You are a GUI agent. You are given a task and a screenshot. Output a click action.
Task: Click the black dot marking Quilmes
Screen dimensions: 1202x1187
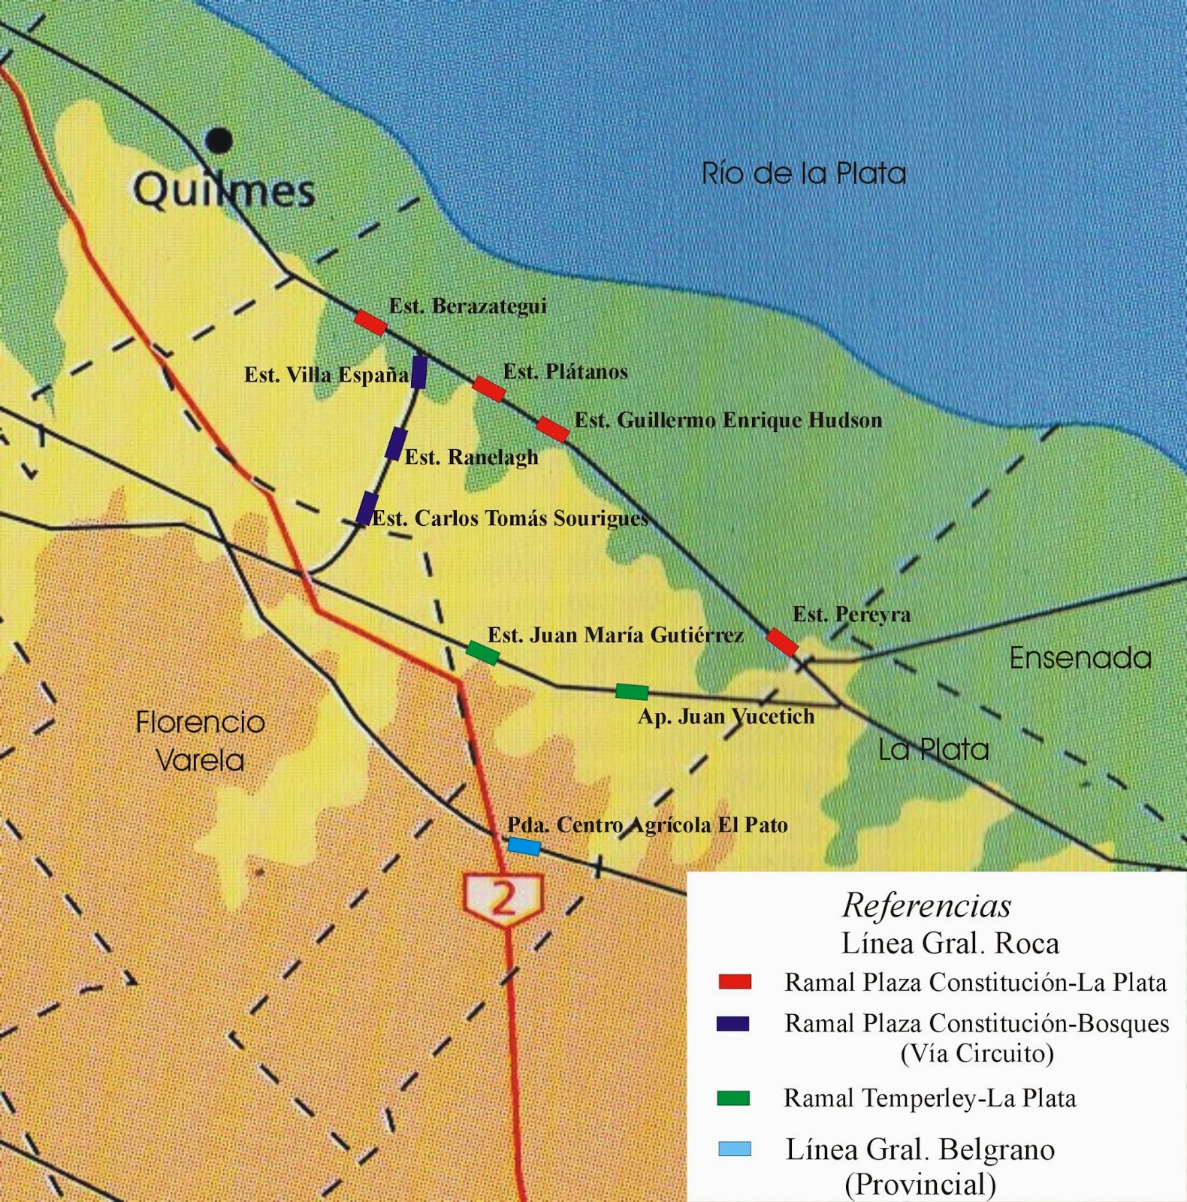pyautogui.click(x=219, y=140)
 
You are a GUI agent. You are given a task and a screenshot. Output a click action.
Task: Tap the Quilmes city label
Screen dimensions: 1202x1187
pyautogui.click(x=224, y=190)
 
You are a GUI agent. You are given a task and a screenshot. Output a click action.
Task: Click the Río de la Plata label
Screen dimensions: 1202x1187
pyautogui.click(x=803, y=174)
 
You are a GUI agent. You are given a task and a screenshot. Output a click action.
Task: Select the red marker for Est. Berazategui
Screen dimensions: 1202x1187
pyautogui.click(x=370, y=322)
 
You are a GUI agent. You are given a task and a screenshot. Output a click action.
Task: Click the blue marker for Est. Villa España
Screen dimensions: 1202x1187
pyautogui.click(x=419, y=372)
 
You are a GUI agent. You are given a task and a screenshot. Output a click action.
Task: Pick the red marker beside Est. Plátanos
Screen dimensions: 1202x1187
pyautogui.click(x=488, y=389)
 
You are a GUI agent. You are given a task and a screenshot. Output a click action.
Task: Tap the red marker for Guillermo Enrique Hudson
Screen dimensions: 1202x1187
pyautogui.click(x=552, y=429)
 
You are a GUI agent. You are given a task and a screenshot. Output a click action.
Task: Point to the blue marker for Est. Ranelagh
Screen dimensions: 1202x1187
pyautogui.click(x=396, y=443)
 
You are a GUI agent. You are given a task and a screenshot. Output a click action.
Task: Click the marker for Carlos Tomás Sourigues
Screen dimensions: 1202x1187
pyautogui.click(x=367, y=508)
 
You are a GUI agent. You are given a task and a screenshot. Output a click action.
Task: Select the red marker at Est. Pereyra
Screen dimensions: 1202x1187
pyautogui.click(x=782, y=642)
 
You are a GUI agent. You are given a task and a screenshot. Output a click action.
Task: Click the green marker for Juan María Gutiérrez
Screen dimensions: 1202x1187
pyautogui.click(x=482, y=653)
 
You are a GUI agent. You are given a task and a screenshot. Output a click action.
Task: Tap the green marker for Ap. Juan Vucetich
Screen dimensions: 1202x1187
pyautogui.click(x=632, y=692)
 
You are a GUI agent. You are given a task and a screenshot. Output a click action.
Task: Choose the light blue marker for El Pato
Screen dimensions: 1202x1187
pyautogui.click(x=524, y=847)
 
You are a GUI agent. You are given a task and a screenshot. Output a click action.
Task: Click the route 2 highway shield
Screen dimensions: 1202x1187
pyautogui.click(x=503, y=898)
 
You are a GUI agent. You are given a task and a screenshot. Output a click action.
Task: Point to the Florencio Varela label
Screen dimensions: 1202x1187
pyautogui.click(x=200, y=741)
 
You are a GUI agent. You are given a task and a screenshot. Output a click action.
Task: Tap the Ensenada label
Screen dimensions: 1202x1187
pyautogui.click(x=1080, y=658)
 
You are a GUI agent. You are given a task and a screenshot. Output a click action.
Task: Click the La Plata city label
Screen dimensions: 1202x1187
pyautogui.click(x=933, y=749)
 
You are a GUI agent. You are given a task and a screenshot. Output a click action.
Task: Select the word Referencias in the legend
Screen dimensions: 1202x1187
pyautogui.click(x=926, y=905)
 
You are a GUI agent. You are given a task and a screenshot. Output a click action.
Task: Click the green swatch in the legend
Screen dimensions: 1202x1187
pyautogui.click(x=733, y=1098)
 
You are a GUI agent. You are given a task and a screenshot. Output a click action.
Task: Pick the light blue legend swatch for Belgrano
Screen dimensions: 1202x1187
pyautogui.click(x=734, y=1149)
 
